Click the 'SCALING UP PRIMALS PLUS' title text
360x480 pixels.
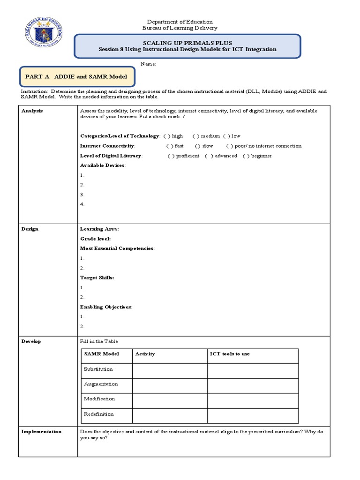pos(187,42)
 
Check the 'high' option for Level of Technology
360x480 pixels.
pos(166,136)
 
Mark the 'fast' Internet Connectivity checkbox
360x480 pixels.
pos(170,146)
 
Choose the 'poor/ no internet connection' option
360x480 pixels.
pos(230,146)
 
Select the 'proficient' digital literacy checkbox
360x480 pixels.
pos(171,156)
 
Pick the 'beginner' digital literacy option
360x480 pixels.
pos(246,156)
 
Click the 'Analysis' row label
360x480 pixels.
pos(32,111)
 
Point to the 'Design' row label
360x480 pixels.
pos(30,229)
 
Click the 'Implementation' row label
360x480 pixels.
pos(41,431)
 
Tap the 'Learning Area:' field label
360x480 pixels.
pos(99,229)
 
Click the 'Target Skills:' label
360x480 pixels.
pos(97,277)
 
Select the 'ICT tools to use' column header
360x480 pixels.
pos(230,354)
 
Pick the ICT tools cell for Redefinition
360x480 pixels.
pos(253,415)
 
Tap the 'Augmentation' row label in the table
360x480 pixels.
pos(101,384)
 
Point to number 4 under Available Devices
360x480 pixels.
pos(82,204)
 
